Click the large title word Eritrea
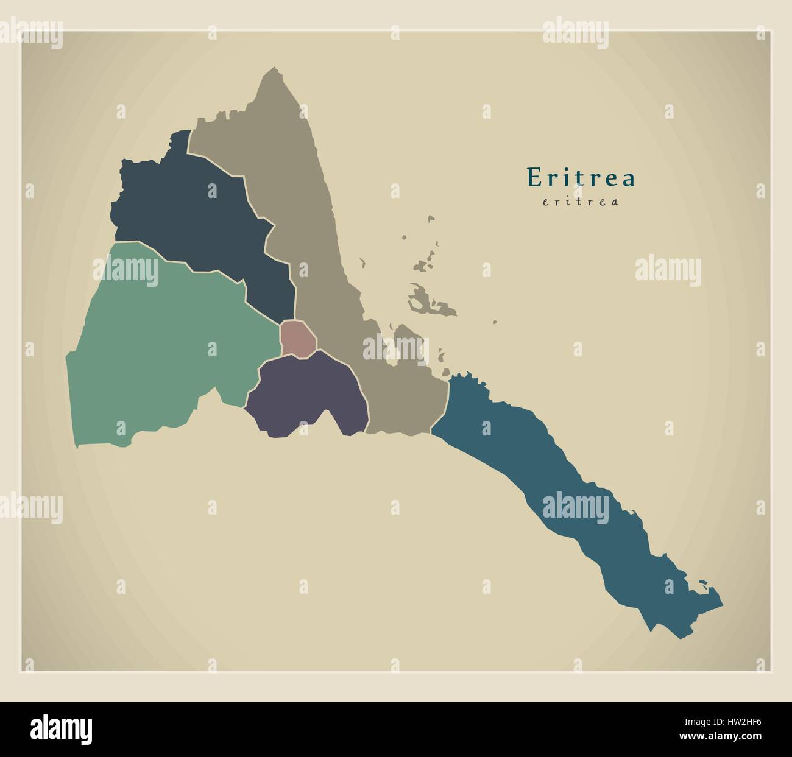pos(581,177)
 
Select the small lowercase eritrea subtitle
pos(581,202)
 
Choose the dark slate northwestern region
pos(195,213)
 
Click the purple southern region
pos(305,393)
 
